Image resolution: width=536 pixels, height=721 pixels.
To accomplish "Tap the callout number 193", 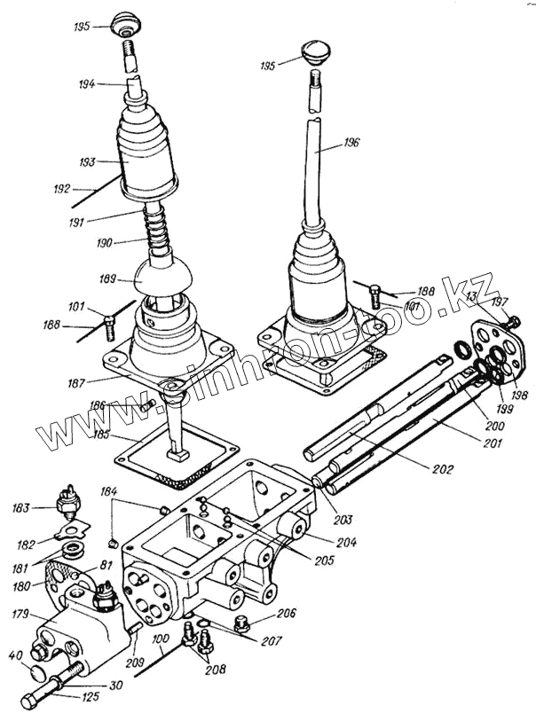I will click(x=87, y=162).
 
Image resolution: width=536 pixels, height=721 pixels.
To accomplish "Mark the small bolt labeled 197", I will click(x=513, y=317).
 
